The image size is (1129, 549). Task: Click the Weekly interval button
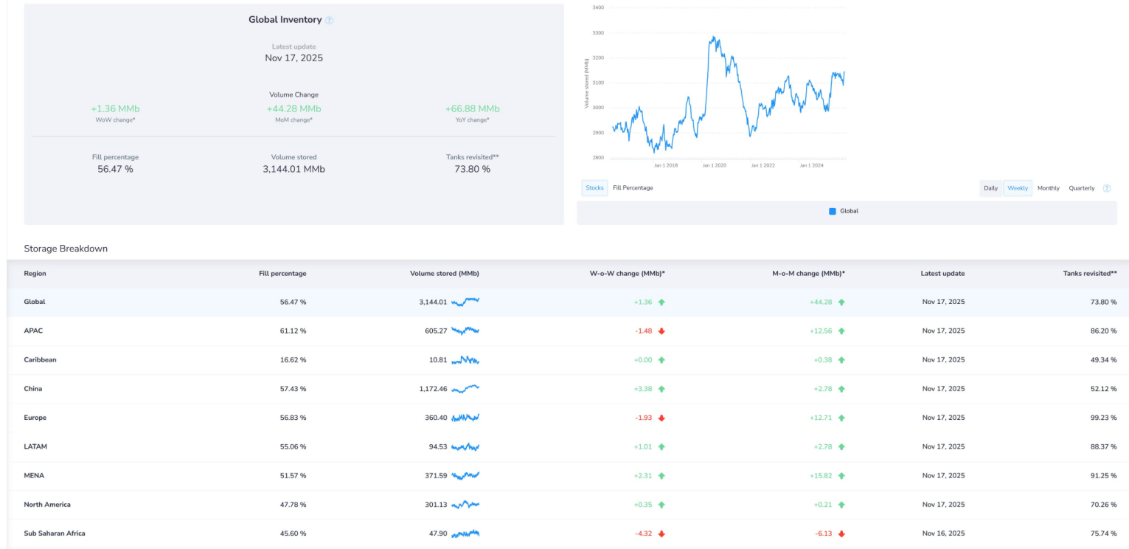point(1018,188)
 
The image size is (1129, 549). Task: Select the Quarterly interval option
point(1081,188)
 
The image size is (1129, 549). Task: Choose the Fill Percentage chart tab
point(633,188)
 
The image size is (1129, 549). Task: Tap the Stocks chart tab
point(594,188)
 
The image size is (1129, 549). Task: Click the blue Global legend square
point(833,211)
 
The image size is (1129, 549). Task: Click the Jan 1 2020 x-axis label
point(714,165)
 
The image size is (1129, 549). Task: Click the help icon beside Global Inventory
point(330,21)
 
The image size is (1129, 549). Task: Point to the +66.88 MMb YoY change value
point(472,109)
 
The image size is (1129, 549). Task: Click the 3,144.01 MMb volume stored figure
point(293,169)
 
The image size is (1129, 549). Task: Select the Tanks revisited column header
point(1089,274)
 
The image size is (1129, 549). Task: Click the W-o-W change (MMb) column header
point(627,274)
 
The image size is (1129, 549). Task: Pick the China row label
point(33,389)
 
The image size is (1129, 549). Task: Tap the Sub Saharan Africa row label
point(54,534)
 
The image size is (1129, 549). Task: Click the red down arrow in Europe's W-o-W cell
point(661,418)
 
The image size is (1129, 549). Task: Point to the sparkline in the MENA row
point(465,476)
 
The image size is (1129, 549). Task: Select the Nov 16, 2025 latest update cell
point(942,534)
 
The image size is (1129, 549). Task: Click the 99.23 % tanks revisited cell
point(1103,418)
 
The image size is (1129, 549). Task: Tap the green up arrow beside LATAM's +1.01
point(661,447)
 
